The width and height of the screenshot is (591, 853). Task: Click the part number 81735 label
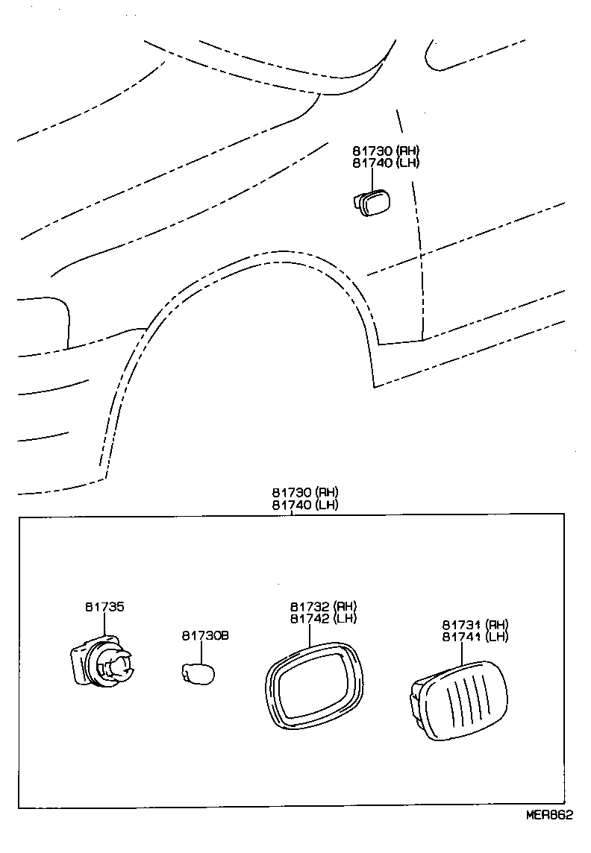[104, 607]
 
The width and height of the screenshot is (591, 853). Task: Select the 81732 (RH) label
[323, 606]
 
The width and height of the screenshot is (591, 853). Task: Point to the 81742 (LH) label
[323, 618]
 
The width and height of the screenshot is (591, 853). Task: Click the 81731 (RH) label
[475, 624]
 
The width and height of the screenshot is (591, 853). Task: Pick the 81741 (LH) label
[475, 637]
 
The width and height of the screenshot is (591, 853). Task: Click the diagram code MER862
[549, 815]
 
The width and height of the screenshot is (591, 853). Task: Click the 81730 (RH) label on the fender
[386, 150]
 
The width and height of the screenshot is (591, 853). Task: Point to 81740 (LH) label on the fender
[386, 163]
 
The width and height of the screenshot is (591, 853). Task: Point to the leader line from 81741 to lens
[463, 652]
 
